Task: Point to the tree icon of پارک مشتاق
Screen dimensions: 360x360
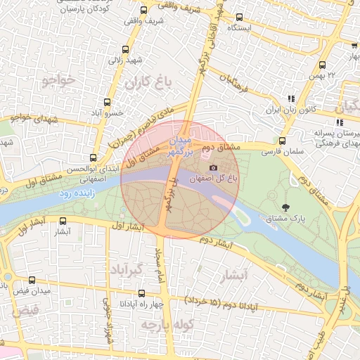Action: point(285,207)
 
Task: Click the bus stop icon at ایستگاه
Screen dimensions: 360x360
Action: point(240,18)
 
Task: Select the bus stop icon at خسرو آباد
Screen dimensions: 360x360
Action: point(107,102)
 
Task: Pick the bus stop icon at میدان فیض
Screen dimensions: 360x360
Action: point(32,280)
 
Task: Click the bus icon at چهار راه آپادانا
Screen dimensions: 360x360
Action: point(142,293)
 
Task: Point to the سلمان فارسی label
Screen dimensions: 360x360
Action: point(281,151)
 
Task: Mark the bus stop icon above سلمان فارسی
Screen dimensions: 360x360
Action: point(282,141)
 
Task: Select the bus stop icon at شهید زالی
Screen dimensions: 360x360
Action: point(125,50)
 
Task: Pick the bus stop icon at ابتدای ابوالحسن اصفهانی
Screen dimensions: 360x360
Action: point(94,159)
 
